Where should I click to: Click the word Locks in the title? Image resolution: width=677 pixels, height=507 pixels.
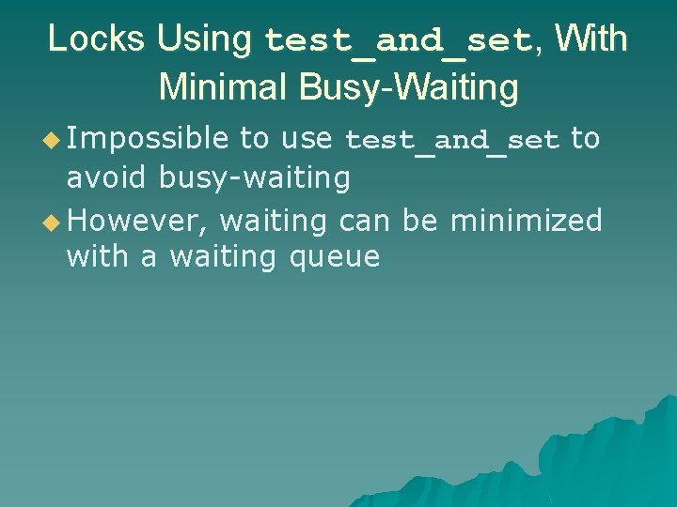(x=97, y=39)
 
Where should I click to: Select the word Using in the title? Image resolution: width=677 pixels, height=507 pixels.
(x=204, y=39)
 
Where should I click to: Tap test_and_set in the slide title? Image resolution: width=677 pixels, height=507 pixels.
(x=400, y=41)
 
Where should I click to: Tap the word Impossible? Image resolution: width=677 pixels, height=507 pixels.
(x=148, y=140)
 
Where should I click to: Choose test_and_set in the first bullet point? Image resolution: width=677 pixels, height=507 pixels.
(x=452, y=142)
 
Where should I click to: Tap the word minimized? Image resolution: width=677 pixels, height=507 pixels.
(x=527, y=221)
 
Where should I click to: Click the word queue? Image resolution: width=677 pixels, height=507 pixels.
(x=335, y=257)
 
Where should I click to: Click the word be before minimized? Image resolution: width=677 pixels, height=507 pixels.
(x=421, y=221)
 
